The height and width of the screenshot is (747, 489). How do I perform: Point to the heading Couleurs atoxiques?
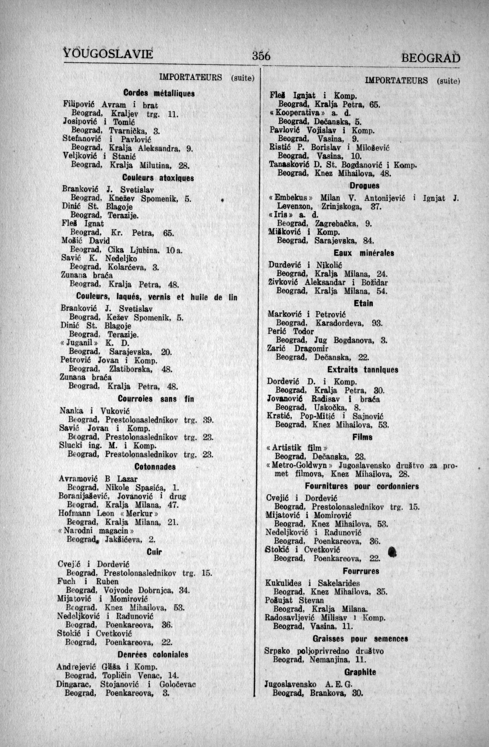point(158,179)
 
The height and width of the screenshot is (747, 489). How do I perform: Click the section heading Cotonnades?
point(155,467)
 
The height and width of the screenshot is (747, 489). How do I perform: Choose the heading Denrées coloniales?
point(153,654)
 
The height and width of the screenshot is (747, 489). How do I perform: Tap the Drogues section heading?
point(364,185)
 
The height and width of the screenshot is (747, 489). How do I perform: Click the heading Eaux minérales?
point(364,253)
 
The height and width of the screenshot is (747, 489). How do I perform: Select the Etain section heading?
point(363,303)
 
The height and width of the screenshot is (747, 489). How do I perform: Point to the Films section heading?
point(362,437)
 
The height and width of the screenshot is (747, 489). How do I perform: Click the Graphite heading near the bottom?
point(360,672)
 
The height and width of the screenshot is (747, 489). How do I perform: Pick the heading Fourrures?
point(361,571)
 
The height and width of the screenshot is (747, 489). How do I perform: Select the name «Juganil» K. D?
point(95,343)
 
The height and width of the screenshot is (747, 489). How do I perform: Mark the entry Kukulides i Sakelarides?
point(313,583)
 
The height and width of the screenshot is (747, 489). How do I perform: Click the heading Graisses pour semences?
point(360,638)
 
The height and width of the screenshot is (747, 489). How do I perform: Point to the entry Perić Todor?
point(290,331)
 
